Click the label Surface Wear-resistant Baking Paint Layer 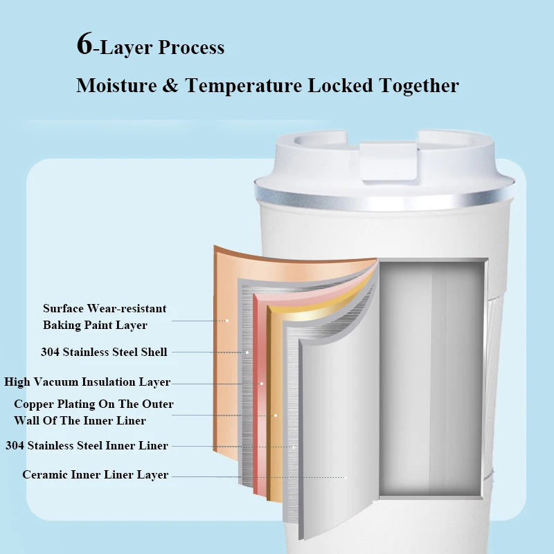point(105,316)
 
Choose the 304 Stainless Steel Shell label point(104,352)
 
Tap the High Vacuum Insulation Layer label point(87,382)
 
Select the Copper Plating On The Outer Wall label point(93,412)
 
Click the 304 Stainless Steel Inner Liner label point(87,445)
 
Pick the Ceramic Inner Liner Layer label point(95,475)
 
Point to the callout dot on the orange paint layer point(226,320)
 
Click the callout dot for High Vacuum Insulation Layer point(262,383)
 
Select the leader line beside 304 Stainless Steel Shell point(208,352)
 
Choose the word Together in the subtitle point(419,86)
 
